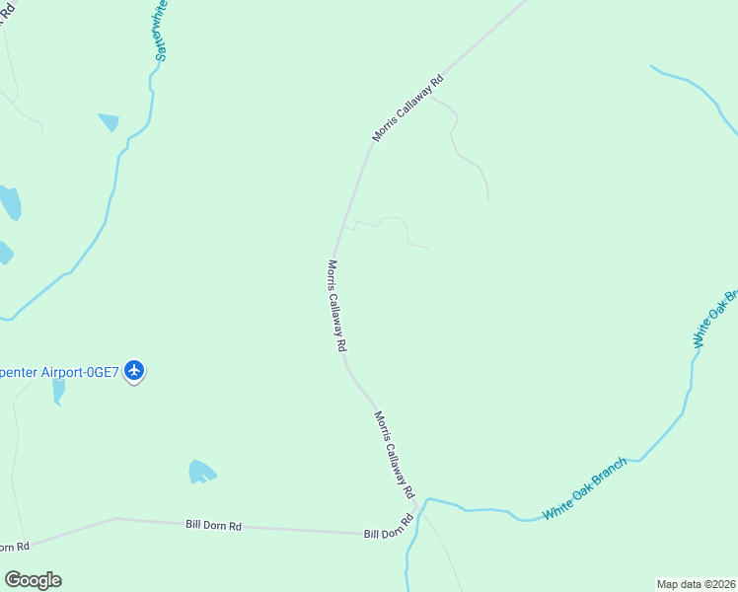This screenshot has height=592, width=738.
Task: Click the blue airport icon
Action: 135,371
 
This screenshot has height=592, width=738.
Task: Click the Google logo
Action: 33,580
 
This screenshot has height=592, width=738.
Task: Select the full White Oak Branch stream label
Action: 584,489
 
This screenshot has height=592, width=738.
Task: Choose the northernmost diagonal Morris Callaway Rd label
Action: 407,108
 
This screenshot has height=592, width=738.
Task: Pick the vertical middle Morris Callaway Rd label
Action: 336,306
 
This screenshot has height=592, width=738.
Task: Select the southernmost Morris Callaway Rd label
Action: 394,455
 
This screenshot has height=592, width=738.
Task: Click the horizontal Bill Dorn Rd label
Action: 213,525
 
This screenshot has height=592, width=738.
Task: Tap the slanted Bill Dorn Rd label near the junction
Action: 388,528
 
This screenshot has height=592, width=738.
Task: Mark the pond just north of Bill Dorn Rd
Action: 201,472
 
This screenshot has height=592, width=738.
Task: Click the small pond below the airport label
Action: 58,391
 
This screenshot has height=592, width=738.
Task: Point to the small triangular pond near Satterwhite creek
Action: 109,122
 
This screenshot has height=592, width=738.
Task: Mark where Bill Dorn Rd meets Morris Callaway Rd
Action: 418,510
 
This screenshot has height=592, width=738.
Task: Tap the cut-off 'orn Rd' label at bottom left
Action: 15,547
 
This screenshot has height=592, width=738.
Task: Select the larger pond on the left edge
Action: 9,202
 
